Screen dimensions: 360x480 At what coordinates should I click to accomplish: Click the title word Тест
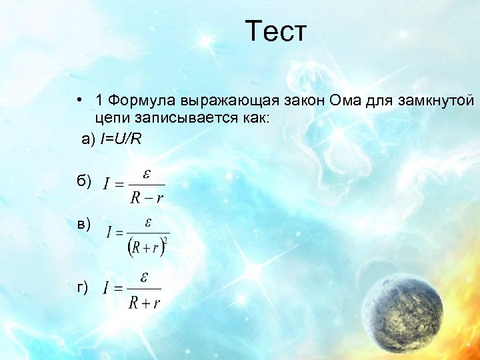[x=275, y=32]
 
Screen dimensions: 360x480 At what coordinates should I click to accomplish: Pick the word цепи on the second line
[x=111, y=118]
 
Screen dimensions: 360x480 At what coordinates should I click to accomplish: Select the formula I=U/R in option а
[x=121, y=139]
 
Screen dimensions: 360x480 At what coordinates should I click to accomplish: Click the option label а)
[x=89, y=139]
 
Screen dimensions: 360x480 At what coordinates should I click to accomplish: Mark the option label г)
[x=83, y=287]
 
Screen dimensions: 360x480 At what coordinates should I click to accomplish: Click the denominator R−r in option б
[x=146, y=197]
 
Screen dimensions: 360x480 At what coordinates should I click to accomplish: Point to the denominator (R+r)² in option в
[x=147, y=247]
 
